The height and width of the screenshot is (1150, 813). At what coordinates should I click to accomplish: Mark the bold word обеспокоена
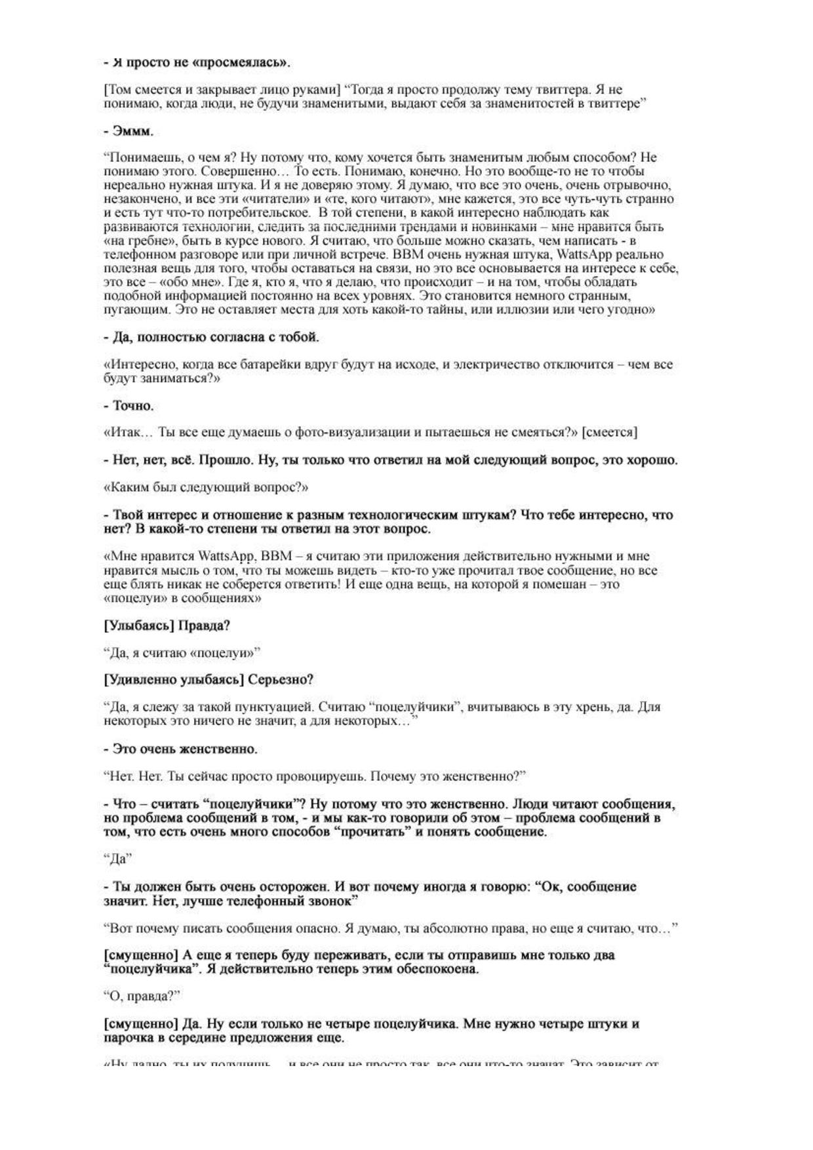[436, 970]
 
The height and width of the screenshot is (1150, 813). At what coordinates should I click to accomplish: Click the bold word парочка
[132, 1038]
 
